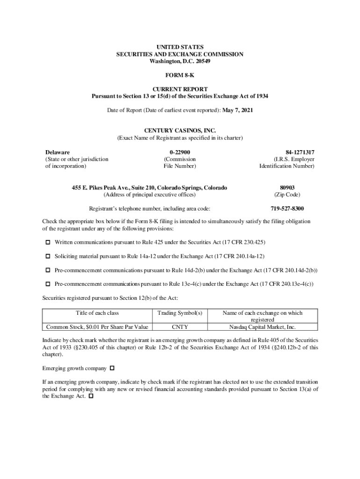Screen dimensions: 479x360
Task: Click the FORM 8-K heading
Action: [180, 75]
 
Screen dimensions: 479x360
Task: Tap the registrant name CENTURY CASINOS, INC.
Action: [180, 131]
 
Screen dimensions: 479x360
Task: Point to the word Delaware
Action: [58, 152]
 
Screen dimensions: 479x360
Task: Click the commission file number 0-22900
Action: [180, 152]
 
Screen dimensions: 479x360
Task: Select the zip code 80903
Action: [287, 188]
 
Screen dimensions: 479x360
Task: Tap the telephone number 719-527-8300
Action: [287, 209]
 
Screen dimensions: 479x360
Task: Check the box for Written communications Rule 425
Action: [48, 242]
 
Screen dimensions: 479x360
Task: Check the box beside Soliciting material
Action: [48, 256]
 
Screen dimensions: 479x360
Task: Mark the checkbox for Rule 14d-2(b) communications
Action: [48, 270]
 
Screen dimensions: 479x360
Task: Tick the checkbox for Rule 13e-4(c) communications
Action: [48, 284]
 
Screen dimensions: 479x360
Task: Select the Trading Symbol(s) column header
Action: [180, 313]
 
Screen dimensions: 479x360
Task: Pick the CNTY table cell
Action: [180, 327]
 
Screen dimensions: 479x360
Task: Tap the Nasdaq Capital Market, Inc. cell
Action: [262, 327]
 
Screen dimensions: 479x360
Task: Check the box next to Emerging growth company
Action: [112, 368]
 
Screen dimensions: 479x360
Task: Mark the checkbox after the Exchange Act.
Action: [91, 396]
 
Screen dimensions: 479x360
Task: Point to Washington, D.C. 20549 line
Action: [180, 61]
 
